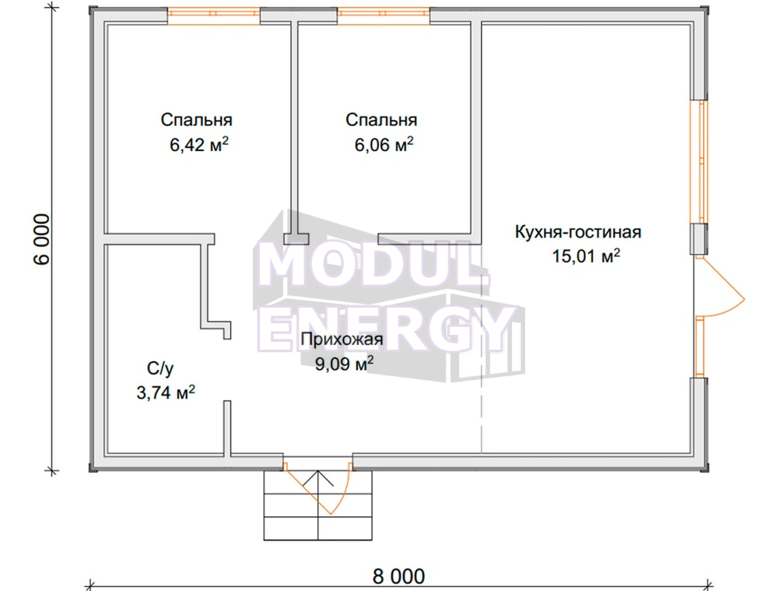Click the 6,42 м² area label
coord(199,145)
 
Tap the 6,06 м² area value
coord(384,145)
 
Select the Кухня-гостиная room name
coord(578,232)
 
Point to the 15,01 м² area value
coord(586,256)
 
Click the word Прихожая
coord(342,339)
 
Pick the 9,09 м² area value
coord(345,364)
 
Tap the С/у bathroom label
coord(160,368)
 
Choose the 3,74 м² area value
coord(166,393)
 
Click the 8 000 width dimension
coord(398,577)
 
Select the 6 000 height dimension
coord(42,239)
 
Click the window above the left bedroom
coord(213,16)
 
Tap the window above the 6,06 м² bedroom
coord(384,16)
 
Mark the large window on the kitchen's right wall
coord(702,162)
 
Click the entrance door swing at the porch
coord(317,489)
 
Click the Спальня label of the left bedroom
coord(197,120)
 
